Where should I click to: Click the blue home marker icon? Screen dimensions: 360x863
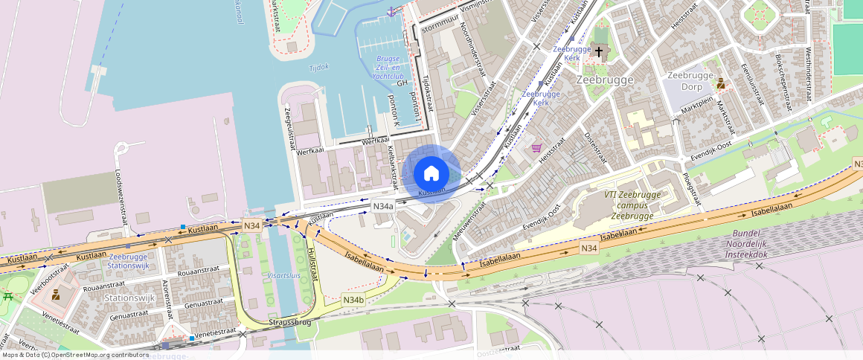[x=431, y=174]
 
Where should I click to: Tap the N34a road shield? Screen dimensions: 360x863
[x=382, y=207]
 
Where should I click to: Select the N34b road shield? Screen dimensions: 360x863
[x=353, y=300]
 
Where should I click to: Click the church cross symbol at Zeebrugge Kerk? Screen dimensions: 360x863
[x=599, y=51]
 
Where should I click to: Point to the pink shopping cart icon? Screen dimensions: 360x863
[x=536, y=148]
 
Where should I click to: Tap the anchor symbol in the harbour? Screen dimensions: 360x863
[x=391, y=11]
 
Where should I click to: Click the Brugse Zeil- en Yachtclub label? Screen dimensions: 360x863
[x=388, y=67]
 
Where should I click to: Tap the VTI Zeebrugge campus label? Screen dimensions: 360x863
[x=622, y=205]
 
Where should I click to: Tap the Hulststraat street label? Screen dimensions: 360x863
[x=312, y=266]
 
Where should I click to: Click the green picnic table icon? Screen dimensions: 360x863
[x=8, y=297]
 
